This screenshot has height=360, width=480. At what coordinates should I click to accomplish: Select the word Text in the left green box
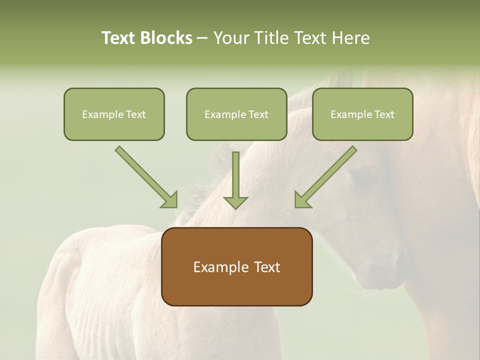(x=136, y=114)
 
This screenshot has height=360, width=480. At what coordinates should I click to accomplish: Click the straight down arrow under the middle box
(x=235, y=177)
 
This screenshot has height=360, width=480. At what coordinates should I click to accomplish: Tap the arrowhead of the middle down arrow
(x=235, y=202)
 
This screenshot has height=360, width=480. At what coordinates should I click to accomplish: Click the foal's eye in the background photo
(x=363, y=177)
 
